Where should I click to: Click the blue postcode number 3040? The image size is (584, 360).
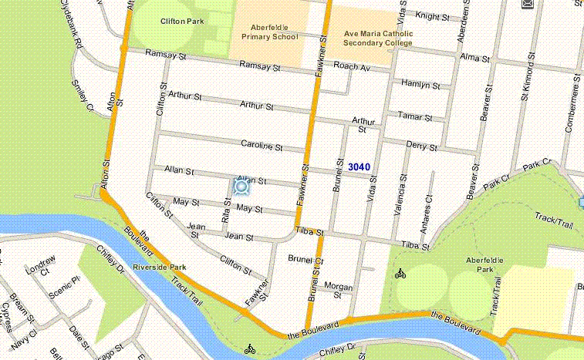point(359,167)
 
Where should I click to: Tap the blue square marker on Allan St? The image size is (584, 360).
point(241,186)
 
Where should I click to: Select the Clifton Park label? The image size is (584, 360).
point(181,22)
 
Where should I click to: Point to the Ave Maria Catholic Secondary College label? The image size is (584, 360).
point(378,39)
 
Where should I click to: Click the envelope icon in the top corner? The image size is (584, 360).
point(528,5)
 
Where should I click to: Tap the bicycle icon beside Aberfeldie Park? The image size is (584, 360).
point(400,273)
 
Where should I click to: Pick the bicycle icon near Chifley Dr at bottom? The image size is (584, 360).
point(249,349)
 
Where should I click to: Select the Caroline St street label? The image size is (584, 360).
point(262,146)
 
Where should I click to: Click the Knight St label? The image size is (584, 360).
point(432,15)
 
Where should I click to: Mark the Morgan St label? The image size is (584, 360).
point(337,289)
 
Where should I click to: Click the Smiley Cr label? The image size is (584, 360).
point(81,97)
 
